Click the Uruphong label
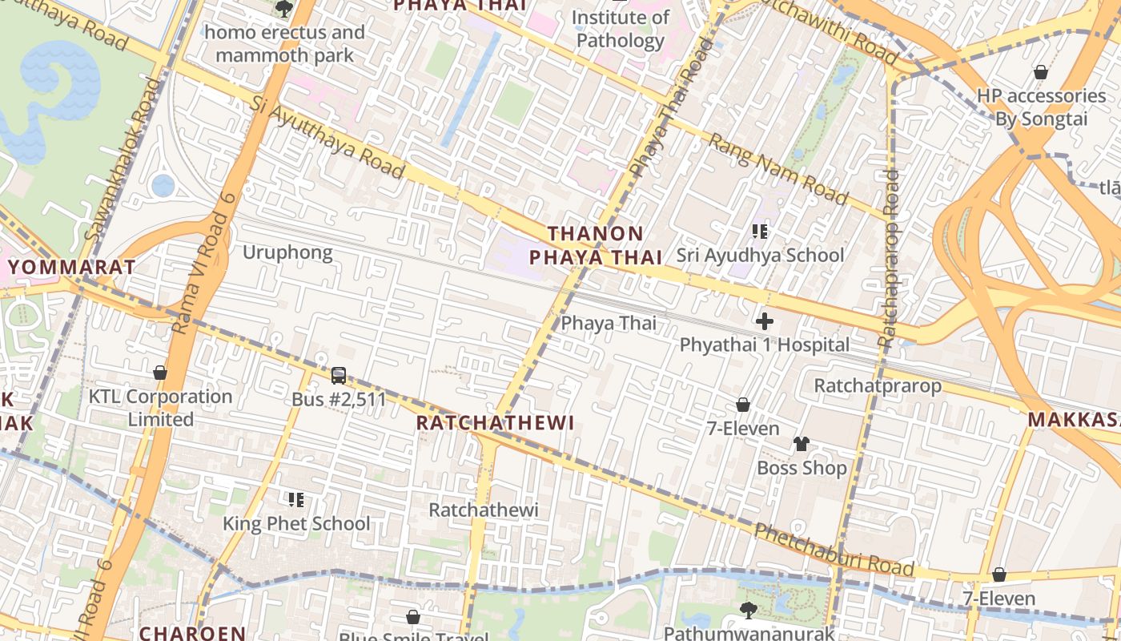(x=287, y=253)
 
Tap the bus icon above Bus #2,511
(x=339, y=375)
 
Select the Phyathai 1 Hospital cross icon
(x=765, y=321)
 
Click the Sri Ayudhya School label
(x=760, y=256)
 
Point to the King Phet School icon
(x=296, y=500)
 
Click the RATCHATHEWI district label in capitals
(x=496, y=423)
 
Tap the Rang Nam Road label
(x=777, y=169)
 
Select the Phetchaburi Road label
(x=834, y=550)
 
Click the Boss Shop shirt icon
(x=802, y=444)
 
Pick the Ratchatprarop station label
(x=878, y=385)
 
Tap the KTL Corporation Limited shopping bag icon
(x=160, y=373)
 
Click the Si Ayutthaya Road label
(x=327, y=137)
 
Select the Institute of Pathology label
(x=621, y=29)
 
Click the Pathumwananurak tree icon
(x=748, y=611)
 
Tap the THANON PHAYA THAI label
(x=596, y=245)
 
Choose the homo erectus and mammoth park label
(x=284, y=43)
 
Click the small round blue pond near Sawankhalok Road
(x=163, y=186)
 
